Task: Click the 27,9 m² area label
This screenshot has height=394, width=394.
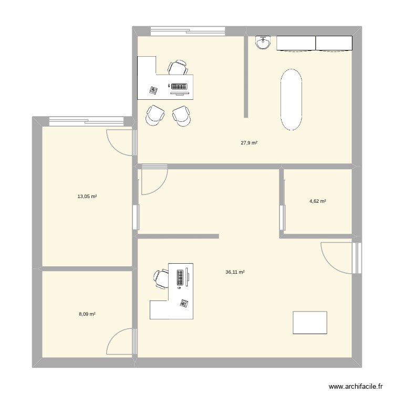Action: [249, 143]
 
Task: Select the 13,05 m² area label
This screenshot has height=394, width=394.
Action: [87, 196]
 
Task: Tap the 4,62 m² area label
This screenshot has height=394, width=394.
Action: [317, 201]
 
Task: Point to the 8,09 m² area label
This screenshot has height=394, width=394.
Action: [87, 314]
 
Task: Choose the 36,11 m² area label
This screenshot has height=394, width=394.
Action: [235, 272]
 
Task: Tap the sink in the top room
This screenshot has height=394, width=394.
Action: [263, 43]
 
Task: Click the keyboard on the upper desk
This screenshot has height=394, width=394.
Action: [178, 86]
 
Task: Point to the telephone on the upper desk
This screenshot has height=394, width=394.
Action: [153, 90]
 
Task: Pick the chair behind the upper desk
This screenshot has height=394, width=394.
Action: [178, 68]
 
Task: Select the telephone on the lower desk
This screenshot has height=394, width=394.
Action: [184, 303]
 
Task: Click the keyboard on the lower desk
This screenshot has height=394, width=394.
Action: [180, 277]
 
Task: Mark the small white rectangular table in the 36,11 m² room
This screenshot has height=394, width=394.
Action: [310, 322]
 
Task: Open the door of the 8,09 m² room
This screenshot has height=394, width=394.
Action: [120, 343]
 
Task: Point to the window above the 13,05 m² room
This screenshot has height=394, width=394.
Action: [87, 121]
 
